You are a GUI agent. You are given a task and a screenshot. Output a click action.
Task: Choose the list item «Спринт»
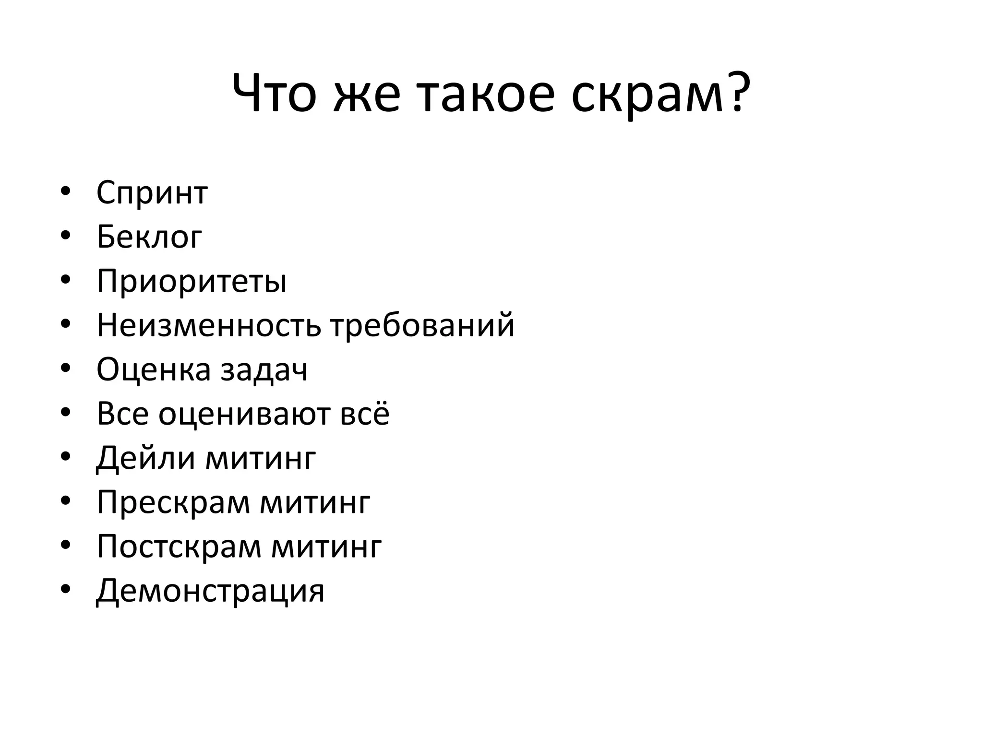[152, 193]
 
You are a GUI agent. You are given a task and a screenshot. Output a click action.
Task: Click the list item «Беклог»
[149, 237]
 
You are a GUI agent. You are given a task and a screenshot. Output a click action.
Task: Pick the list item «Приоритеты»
[192, 282]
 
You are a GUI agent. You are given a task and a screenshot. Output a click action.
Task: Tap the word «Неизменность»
[208, 325]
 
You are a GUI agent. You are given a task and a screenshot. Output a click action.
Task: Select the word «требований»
[422, 325]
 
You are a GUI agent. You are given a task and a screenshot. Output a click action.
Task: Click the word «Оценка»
[154, 369]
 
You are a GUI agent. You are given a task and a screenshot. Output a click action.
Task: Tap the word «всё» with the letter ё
[365, 413]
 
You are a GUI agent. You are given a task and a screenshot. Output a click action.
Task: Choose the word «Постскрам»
[179, 547]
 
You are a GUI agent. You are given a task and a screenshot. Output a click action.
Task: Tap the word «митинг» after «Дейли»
[261, 458]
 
